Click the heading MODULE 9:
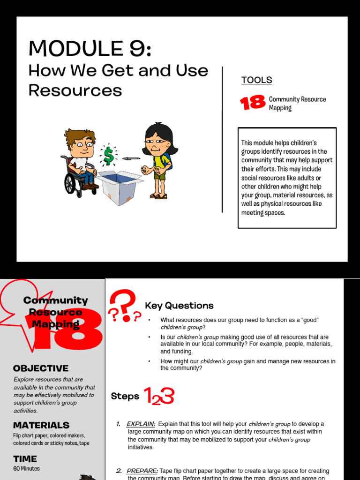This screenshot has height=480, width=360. click(x=90, y=48)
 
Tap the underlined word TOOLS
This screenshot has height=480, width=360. click(x=256, y=80)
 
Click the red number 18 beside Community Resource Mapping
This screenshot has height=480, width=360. click(x=253, y=103)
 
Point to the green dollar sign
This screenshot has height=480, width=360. click(x=109, y=156)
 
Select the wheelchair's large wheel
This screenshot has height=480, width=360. click(x=70, y=183)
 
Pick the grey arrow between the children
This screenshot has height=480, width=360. click(x=131, y=158)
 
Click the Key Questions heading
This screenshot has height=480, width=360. click(x=179, y=306)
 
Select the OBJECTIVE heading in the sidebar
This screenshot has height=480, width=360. click(x=41, y=368)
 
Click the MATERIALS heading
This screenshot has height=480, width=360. click(x=41, y=425)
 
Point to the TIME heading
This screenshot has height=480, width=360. click(x=25, y=459)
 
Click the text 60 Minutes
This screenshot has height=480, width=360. click(x=27, y=468)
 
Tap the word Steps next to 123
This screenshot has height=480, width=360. click(x=125, y=397)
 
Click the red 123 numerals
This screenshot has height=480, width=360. click(x=159, y=397)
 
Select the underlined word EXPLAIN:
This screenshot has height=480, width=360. click(x=141, y=424)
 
